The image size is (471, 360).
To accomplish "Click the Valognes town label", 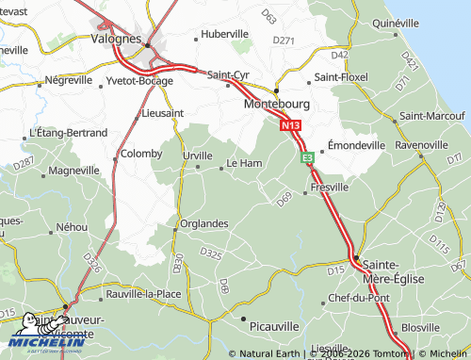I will click(116, 41).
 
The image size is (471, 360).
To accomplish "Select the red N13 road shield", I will click(290, 123).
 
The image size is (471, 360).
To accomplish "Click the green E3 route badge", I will click(307, 158).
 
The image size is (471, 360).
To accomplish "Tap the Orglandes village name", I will click(204, 223).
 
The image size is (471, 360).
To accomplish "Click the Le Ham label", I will click(245, 163).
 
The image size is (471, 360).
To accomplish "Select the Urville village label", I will click(197, 155).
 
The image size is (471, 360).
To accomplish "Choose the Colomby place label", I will click(142, 153).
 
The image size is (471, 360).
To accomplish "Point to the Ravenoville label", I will click(421, 145).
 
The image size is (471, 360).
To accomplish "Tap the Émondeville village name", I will click(357, 146).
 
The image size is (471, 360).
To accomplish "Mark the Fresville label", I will click(330, 188).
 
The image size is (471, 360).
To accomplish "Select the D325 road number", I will click(211, 254).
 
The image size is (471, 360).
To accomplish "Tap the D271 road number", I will click(284, 41).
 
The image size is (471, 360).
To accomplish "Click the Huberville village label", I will click(225, 34).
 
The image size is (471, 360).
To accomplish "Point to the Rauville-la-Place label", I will click(144, 293).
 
